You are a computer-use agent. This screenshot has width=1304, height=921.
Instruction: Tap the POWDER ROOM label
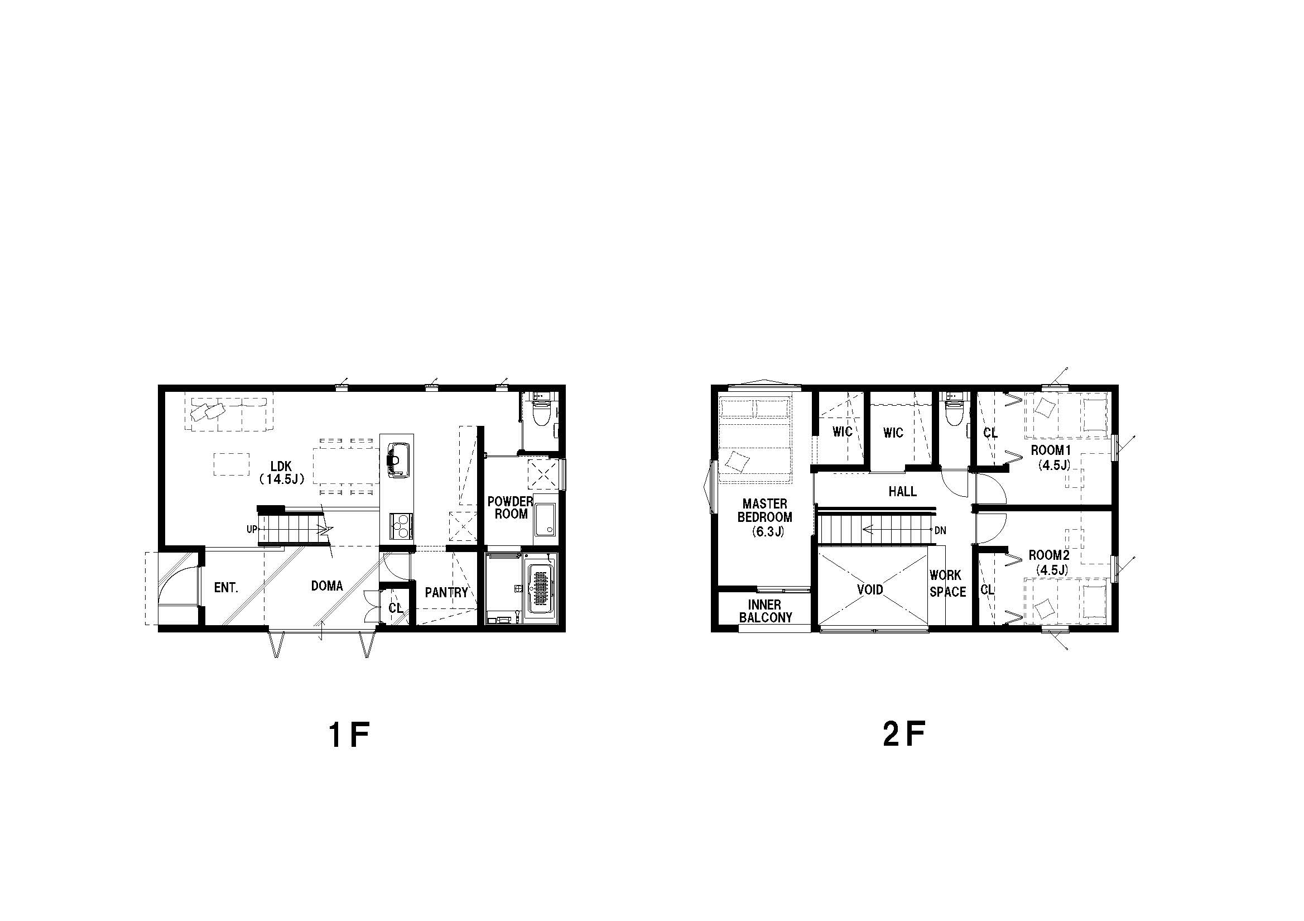coord(511,507)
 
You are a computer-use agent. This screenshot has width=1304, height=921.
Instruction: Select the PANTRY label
coord(446,593)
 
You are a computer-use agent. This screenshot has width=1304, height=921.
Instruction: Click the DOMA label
coord(326,586)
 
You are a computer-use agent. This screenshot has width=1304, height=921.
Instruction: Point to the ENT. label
coord(226,588)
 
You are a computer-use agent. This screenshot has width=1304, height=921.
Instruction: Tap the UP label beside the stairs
coord(252,530)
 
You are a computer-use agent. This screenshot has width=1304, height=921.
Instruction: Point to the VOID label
coord(870,589)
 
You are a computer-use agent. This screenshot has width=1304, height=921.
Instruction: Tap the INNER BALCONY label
coord(765,611)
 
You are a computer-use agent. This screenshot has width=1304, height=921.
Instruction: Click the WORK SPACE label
coord(948,583)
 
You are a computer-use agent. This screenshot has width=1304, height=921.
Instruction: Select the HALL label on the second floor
coord(902,491)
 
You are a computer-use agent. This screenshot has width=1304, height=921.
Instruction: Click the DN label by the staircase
coord(940,531)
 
